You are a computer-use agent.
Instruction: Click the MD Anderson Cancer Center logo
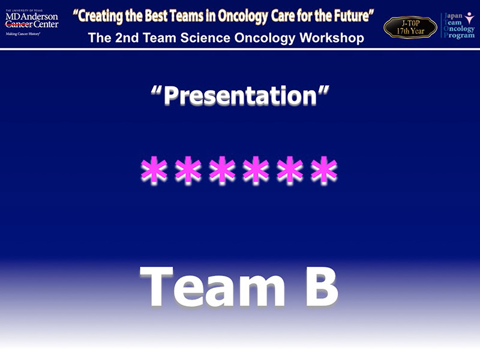click(32, 23)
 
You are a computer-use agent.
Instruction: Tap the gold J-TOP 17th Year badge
click(410, 27)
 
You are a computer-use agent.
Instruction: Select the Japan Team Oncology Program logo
click(458, 25)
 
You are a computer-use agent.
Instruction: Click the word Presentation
click(241, 95)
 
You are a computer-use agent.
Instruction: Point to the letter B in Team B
click(322, 286)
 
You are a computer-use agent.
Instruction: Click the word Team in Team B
click(212, 286)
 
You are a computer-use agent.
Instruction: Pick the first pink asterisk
click(154, 170)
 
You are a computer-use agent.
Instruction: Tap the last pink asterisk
click(324, 170)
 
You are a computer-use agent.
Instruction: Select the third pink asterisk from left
click(222, 170)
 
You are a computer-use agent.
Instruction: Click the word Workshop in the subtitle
click(332, 38)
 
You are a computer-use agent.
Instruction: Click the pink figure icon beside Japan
click(469, 18)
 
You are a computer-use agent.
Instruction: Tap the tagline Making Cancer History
click(23, 34)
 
